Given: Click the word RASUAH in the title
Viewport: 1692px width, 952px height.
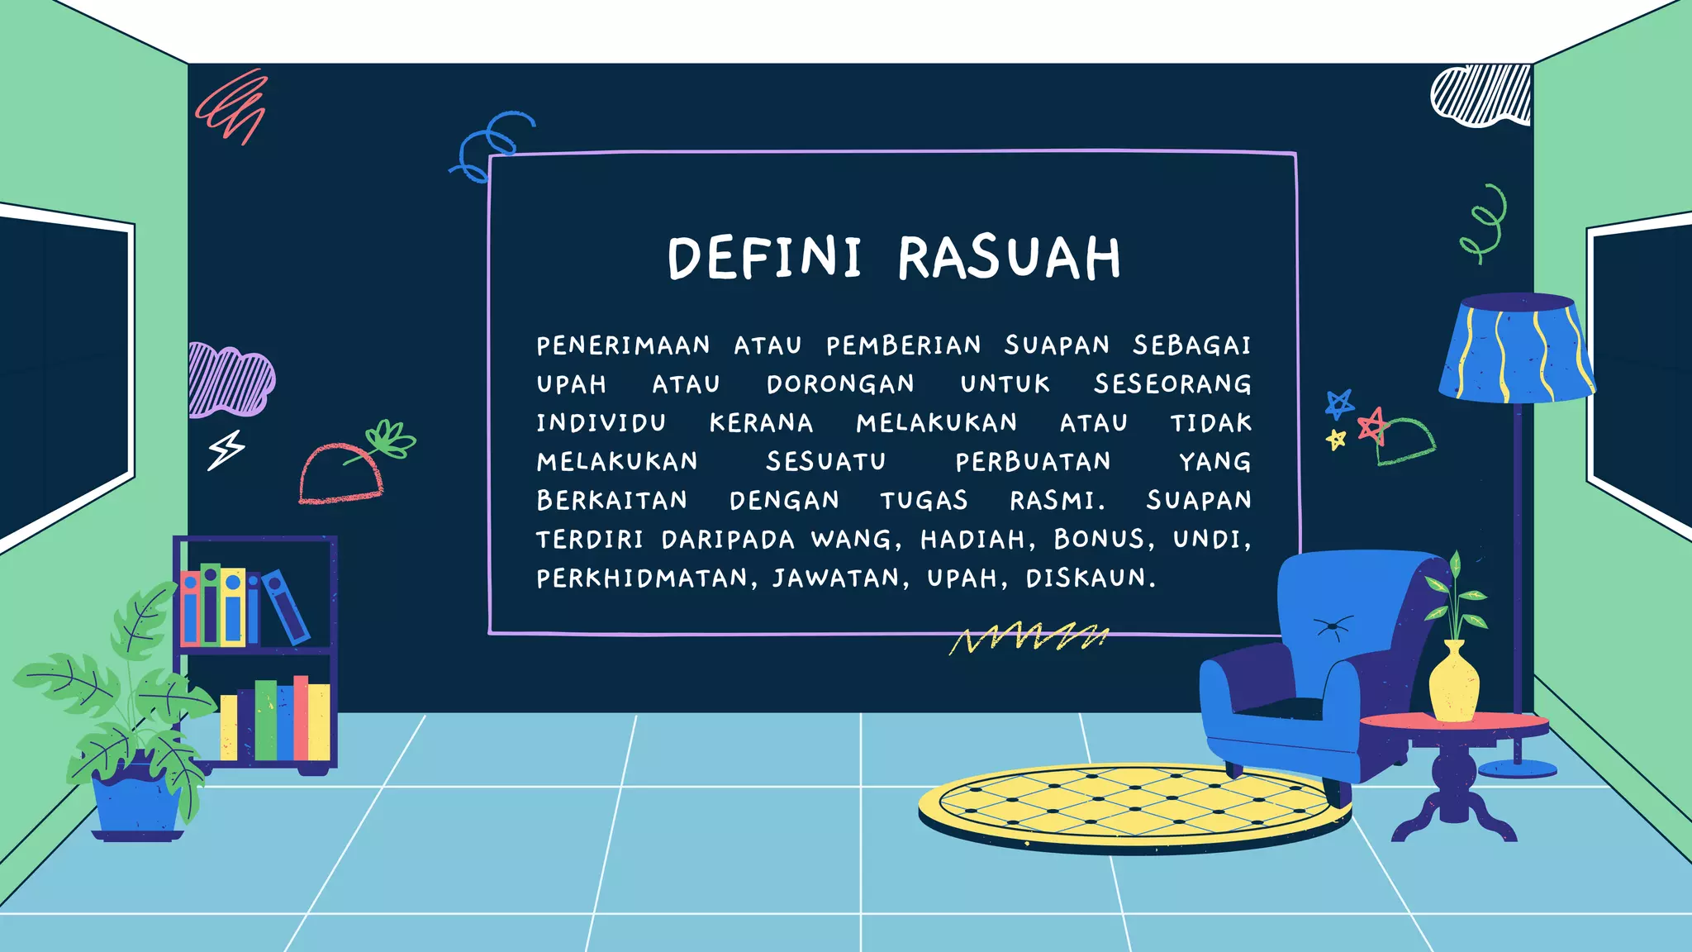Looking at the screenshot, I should [1009, 258].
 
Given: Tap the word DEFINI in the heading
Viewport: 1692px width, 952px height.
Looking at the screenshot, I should [764, 258].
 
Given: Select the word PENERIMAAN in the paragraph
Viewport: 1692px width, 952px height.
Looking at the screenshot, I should [623, 345].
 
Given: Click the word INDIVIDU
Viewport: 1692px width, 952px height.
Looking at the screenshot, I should [601, 423].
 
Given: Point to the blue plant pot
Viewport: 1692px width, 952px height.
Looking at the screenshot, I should [136, 802].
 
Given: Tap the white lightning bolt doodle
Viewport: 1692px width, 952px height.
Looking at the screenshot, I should [226, 450].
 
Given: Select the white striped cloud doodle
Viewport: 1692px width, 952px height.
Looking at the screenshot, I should [1481, 96].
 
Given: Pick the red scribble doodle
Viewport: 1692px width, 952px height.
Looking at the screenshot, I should [234, 106].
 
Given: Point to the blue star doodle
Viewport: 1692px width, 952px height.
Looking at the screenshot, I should [1338, 404].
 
